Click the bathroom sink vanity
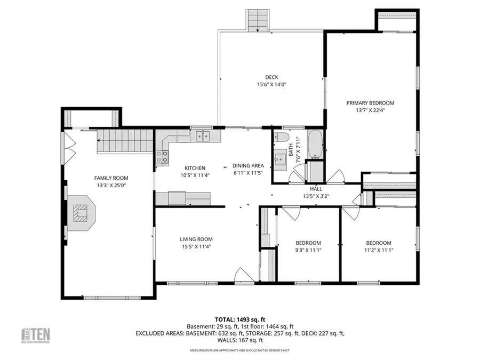(281, 159)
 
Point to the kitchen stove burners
(162, 156)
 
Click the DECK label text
(271, 77)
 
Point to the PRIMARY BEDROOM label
(370, 103)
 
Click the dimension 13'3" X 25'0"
(111, 185)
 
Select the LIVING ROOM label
(196, 239)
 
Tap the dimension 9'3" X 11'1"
(308, 250)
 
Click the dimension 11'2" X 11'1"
(378, 250)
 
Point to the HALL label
(316, 189)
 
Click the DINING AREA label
(249, 165)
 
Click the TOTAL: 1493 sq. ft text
(239, 318)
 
